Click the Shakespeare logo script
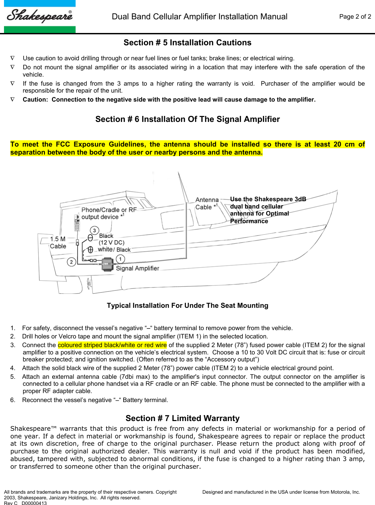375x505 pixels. pos(40,16)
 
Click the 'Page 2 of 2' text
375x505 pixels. pos(355,17)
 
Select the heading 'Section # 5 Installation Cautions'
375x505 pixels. pos(187,43)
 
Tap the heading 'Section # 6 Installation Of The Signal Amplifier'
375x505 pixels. pos(187,119)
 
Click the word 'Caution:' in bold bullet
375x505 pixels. pos(35,100)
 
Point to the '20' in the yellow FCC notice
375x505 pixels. pos(337,144)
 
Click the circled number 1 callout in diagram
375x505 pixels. pos(120,259)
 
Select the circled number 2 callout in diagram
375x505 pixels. pos(71,262)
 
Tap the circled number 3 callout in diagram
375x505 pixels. pos(95,231)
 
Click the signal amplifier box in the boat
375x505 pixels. pos(107,264)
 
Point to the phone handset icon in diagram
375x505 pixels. pos(77,223)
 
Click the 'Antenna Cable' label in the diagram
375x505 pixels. pos(207,204)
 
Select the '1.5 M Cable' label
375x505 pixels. pos(58,243)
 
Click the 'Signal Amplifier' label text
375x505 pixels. pos(137,268)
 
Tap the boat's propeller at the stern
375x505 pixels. pos(89,284)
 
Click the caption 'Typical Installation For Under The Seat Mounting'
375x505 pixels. pos(187,305)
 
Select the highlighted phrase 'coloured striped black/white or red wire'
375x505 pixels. pos(112,345)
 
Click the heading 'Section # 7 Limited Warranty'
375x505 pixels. pos(183,418)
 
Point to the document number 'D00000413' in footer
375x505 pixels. pos(34,503)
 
